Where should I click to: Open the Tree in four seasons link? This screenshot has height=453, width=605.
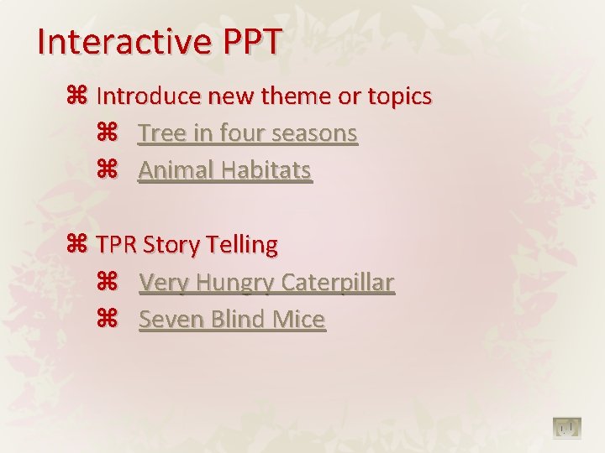[248, 133]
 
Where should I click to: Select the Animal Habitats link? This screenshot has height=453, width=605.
[225, 170]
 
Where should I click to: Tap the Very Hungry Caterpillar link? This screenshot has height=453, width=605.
[266, 283]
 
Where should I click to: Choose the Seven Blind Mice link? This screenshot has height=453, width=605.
[232, 320]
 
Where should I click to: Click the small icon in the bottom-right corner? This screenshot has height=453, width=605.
[567, 429]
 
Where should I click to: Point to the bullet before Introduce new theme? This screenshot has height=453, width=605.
[76, 96]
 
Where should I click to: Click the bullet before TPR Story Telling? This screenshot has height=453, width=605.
[76, 245]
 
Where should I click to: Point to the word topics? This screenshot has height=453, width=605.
[399, 96]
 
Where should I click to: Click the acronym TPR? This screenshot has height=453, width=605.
[117, 245]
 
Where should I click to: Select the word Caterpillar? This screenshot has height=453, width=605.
[337, 283]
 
